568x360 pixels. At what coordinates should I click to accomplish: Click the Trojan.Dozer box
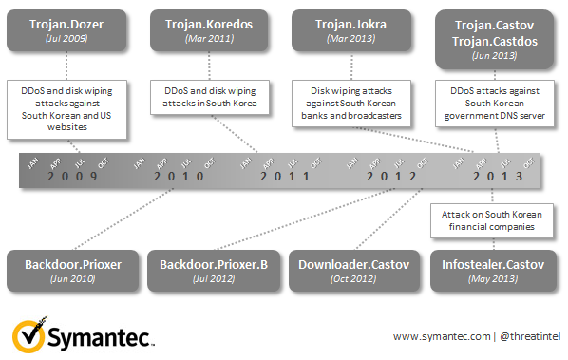click(x=66, y=30)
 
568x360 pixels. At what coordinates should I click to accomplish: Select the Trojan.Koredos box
click(x=209, y=30)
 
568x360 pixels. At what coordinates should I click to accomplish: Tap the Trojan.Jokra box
click(x=351, y=30)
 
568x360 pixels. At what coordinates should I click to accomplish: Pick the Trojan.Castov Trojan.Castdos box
click(x=495, y=40)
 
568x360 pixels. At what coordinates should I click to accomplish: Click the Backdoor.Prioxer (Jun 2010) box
click(x=73, y=271)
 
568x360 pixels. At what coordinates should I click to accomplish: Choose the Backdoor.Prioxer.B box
click(x=214, y=271)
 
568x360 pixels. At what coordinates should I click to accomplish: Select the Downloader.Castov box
click(x=354, y=271)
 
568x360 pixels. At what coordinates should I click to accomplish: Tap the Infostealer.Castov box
click(x=493, y=271)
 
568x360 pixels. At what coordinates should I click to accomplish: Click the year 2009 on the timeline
click(x=72, y=177)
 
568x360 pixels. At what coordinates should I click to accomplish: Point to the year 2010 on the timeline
click(x=179, y=177)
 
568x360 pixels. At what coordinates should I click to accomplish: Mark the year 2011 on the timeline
click(x=285, y=177)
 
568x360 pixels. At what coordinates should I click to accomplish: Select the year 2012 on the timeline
click(x=391, y=177)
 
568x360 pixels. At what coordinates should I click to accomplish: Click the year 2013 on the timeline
click(x=498, y=177)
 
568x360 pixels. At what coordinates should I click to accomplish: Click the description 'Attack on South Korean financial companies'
click(x=492, y=220)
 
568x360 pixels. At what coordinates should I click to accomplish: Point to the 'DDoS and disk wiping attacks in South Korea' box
click(x=210, y=97)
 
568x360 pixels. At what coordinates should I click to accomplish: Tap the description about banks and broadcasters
click(x=351, y=104)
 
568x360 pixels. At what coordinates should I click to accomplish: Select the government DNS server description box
click(x=495, y=104)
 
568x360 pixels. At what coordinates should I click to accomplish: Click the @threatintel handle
click(x=530, y=336)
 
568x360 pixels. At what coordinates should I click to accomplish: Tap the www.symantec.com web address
click(x=442, y=337)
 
